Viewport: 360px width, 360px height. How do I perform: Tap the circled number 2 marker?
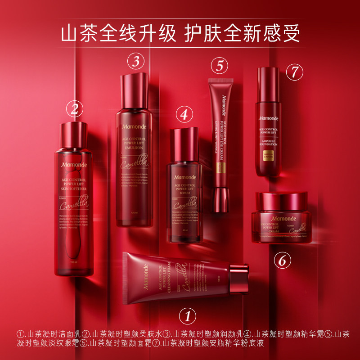[75, 108]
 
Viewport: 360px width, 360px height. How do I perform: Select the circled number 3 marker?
[136, 61]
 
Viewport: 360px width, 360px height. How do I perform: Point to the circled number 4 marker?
[184, 114]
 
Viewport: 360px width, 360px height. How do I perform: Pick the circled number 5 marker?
[220, 66]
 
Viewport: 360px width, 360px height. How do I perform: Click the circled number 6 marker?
[282, 260]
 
